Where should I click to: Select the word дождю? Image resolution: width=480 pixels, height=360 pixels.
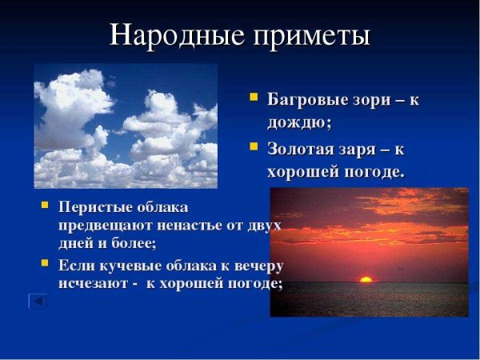point(298,123)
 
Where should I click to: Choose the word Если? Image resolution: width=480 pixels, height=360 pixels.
point(74,265)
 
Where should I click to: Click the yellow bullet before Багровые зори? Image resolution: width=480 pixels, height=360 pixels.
point(252,98)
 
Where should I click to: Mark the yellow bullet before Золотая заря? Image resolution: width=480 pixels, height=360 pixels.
point(252,147)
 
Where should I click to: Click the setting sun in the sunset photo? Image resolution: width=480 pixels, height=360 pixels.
point(366,279)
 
